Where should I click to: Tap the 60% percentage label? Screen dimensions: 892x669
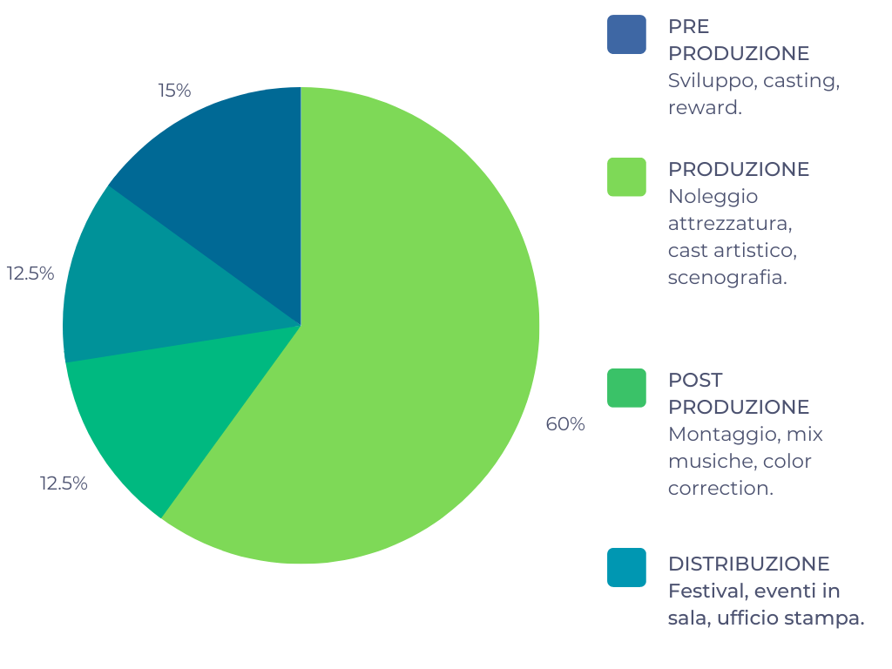click(564, 424)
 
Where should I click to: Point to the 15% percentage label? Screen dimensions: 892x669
click(174, 91)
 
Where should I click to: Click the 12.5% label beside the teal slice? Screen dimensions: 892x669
click(30, 274)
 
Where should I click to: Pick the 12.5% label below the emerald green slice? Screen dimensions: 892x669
click(64, 483)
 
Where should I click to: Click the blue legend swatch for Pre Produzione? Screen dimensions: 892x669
click(626, 34)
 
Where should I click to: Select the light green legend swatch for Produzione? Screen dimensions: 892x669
click(626, 177)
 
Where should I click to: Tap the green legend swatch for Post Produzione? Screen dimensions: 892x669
click(626, 388)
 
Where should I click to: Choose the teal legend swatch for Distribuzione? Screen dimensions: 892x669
click(626, 567)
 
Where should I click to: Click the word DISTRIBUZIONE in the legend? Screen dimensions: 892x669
click(748, 564)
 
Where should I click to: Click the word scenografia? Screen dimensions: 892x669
click(727, 278)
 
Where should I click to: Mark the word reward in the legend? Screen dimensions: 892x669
click(705, 107)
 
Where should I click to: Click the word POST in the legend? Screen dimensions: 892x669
click(695, 380)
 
